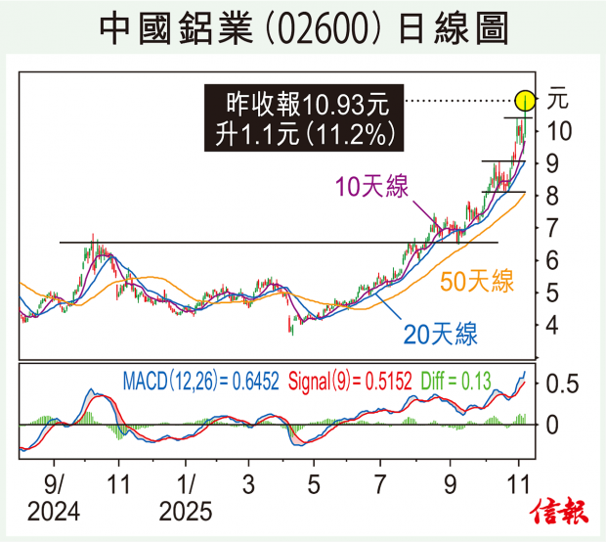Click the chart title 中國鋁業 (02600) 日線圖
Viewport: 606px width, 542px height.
point(303,29)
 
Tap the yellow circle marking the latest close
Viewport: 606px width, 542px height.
point(525,100)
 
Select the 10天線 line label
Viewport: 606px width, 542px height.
point(371,187)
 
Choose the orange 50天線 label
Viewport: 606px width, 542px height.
point(477,283)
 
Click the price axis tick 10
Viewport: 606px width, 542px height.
point(559,131)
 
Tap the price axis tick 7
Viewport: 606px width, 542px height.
point(552,228)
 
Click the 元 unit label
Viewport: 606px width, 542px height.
point(557,99)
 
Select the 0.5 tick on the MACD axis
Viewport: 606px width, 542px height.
point(563,384)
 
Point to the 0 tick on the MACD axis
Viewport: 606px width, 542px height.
point(553,426)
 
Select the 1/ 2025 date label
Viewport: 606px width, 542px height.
point(186,497)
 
